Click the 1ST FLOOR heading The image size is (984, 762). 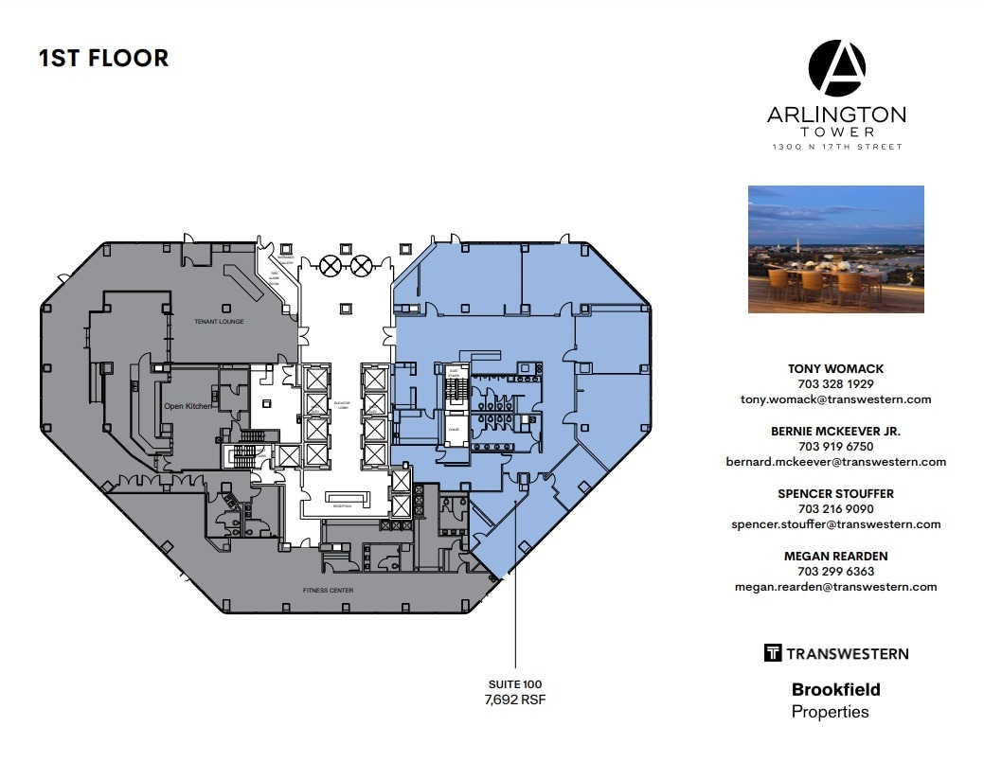(103, 58)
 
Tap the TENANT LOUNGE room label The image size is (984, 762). (219, 322)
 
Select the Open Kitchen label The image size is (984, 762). (188, 406)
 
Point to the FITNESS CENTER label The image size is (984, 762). (328, 590)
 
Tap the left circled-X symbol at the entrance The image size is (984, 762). (330, 265)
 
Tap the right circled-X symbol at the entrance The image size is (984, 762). (361, 265)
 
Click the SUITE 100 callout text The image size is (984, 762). (514, 683)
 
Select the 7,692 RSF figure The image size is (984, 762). (514, 700)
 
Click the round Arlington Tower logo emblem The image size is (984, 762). (836, 68)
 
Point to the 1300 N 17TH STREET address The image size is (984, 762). (836, 147)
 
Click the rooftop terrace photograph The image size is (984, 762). (835, 249)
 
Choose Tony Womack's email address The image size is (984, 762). (835, 399)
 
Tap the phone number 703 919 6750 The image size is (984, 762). (835, 446)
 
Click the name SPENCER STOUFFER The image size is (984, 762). (835, 493)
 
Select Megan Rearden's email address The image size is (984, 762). (835, 586)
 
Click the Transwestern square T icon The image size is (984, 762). (772, 652)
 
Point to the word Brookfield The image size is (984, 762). (835, 690)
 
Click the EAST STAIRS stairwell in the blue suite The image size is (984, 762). (455, 386)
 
